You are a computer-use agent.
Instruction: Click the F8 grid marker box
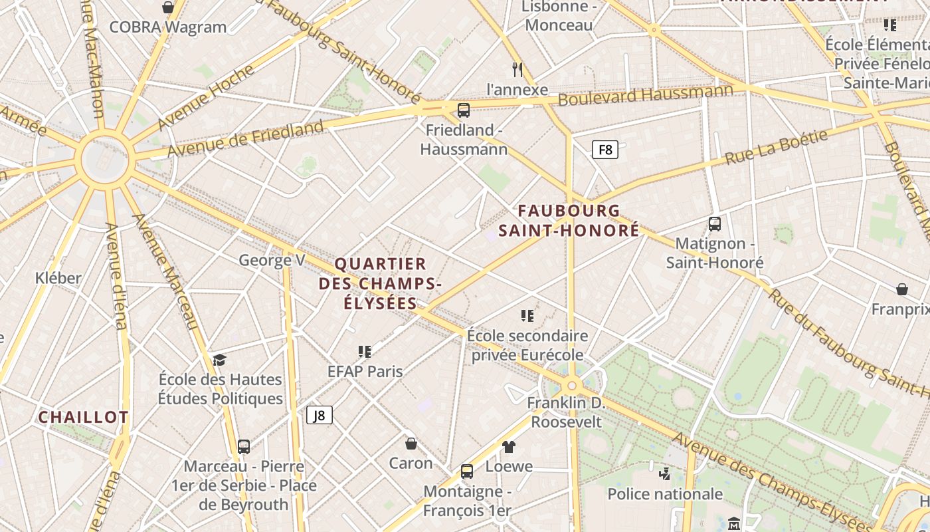coord(605,150)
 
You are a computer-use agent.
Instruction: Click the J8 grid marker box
coord(320,416)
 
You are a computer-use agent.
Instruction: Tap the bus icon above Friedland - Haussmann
coord(464,110)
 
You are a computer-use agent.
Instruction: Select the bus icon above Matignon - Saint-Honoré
coord(715,224)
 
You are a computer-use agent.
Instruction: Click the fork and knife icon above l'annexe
coord(518,69)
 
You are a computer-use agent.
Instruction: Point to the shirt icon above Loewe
coord(509,446)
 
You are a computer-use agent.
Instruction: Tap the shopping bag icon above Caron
coord(411,443)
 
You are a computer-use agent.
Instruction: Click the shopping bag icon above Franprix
coord(902,289)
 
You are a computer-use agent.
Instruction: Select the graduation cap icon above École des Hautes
coord(220,360)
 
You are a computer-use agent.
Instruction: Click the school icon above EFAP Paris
coord(365,351)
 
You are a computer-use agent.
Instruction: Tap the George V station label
coord(272,260)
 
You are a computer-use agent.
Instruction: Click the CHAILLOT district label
coord(83,418)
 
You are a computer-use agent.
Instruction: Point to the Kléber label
coord(58,278)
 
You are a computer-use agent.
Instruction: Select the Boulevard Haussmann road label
coord(646,94)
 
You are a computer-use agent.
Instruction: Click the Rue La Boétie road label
coord(776,148)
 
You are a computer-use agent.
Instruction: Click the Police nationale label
coord(665,494)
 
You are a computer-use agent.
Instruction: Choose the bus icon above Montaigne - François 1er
coord(467,471)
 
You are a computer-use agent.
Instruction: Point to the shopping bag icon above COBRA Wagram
coord(168,7)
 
